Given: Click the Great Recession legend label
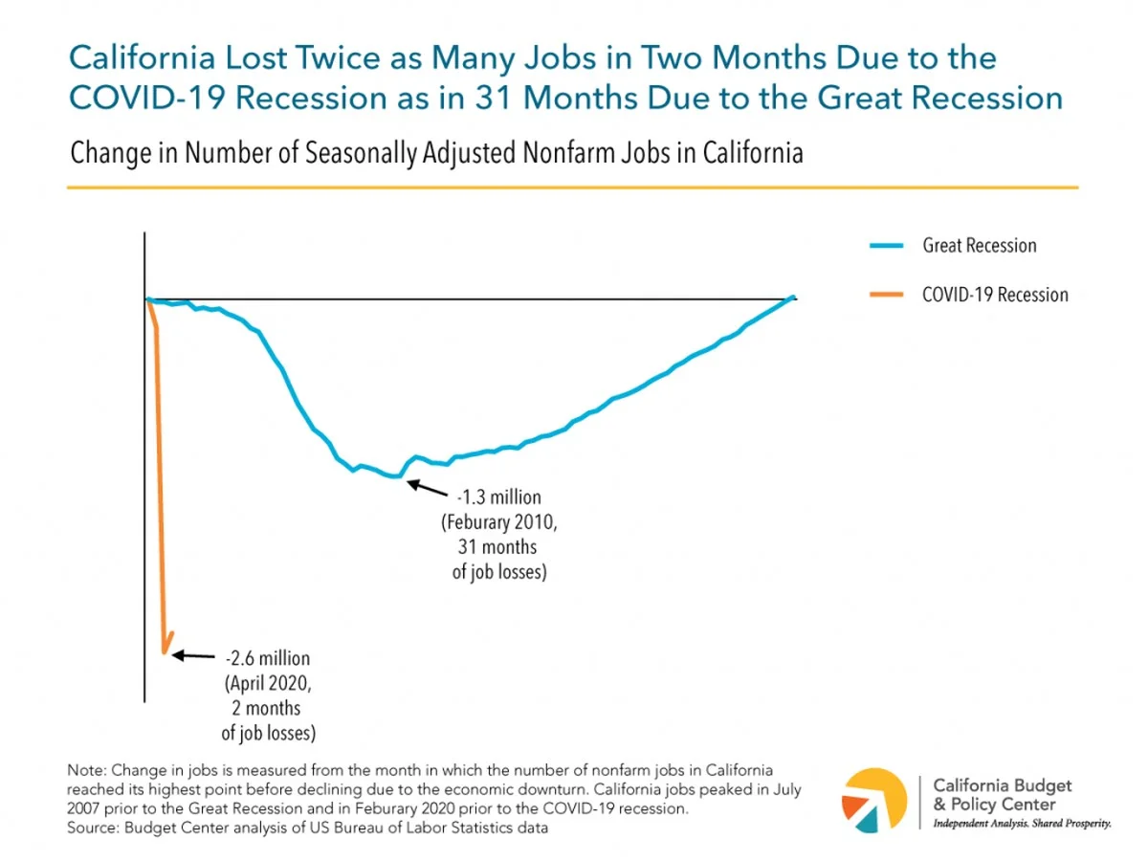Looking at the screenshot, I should tap(979, 246).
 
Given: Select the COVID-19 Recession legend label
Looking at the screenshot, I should tap(995, 295).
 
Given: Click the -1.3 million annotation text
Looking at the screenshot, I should tap(498, 497).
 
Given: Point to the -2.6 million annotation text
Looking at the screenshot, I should tap(268, 659).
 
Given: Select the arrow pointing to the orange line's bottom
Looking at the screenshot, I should tap(195, 656).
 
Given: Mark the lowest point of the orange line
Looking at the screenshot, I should tap(165, 654).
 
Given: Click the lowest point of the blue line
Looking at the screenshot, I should tap(396, 475).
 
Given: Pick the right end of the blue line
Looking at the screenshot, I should tap(793, 298).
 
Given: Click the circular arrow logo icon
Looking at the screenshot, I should tap(873, 800).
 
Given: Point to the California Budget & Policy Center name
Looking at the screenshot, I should tap(1003, 795).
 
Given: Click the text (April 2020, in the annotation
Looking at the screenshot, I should tap(268, 684).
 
